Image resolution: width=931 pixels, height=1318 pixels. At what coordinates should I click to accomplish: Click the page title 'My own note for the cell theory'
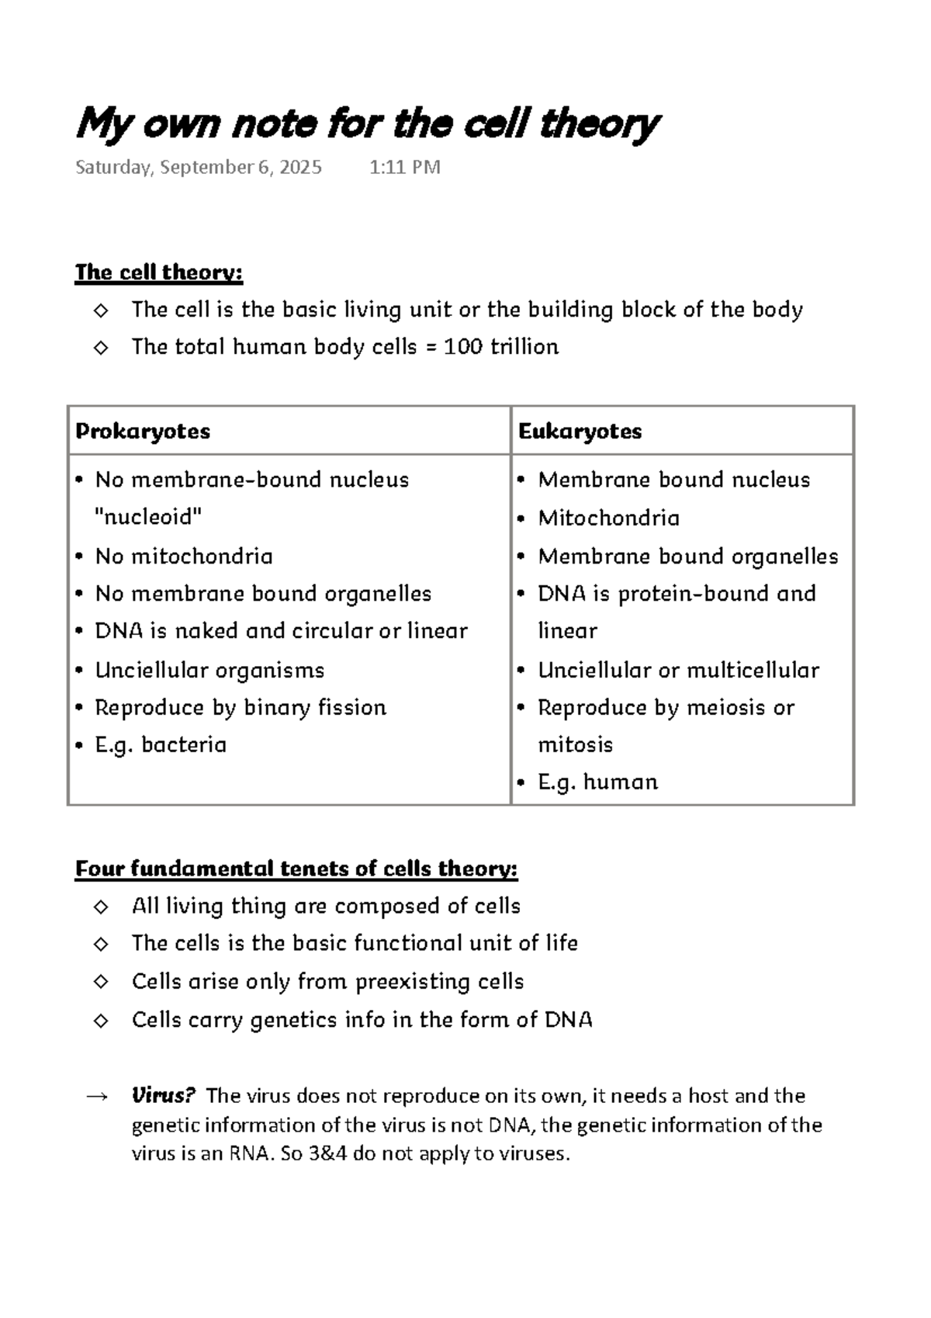[x=367, y=124]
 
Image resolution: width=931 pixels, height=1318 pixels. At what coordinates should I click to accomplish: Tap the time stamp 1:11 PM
[x=405, y=168]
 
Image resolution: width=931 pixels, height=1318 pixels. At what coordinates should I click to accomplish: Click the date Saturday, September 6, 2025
[x=199, y=168]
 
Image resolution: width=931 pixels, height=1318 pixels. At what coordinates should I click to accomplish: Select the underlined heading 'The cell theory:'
[x=159, y=272]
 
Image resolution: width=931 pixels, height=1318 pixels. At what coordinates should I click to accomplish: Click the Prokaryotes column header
[x=143, y=432]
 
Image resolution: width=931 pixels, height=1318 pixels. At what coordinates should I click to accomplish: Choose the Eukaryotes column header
[x=580, y=432]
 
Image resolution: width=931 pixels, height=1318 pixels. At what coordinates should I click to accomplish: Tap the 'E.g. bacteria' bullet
[x=161, y=745]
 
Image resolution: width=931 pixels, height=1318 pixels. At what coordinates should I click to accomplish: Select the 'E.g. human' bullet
[x=597, y=782]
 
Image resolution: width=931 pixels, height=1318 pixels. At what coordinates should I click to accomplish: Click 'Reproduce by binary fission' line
[x=241, y=708]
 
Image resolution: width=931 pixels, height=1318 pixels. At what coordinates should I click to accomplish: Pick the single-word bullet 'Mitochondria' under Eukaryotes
[x=608, y=519]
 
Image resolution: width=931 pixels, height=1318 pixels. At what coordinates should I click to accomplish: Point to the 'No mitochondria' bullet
[x=184, y=557]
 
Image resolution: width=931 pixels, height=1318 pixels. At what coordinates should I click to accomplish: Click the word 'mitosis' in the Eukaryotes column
[x=575, y=745]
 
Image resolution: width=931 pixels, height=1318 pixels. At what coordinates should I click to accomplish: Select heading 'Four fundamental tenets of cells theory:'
[x=296, y=869]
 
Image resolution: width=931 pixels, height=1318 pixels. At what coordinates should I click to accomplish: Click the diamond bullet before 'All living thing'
[x=101, y=907]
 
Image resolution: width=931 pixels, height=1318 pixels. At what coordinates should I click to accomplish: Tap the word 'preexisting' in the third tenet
[x=400, y=982]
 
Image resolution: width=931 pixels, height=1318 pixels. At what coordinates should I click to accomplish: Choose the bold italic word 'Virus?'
[x=162, y=1096]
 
